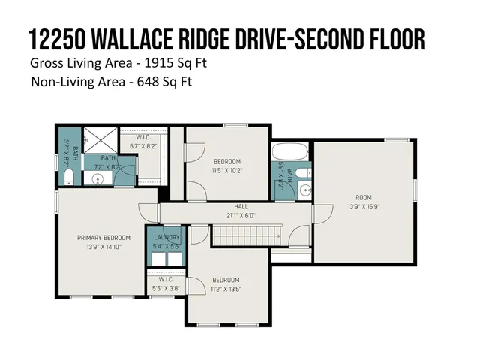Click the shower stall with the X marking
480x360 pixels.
coord(96,139)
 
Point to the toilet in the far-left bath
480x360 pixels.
coord(68,176)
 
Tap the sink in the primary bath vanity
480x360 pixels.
coord(96,178)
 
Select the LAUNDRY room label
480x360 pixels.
coord(166,237)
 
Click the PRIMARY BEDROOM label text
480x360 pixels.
coord(103,238)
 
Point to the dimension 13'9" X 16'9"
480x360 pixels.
coord(363,205)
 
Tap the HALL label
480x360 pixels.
coord(241,206)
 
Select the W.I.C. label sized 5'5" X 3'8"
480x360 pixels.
coord(166,279)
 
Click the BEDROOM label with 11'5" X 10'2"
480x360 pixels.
coord(226,162)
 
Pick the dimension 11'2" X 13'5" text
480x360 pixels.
coord(226,289)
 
